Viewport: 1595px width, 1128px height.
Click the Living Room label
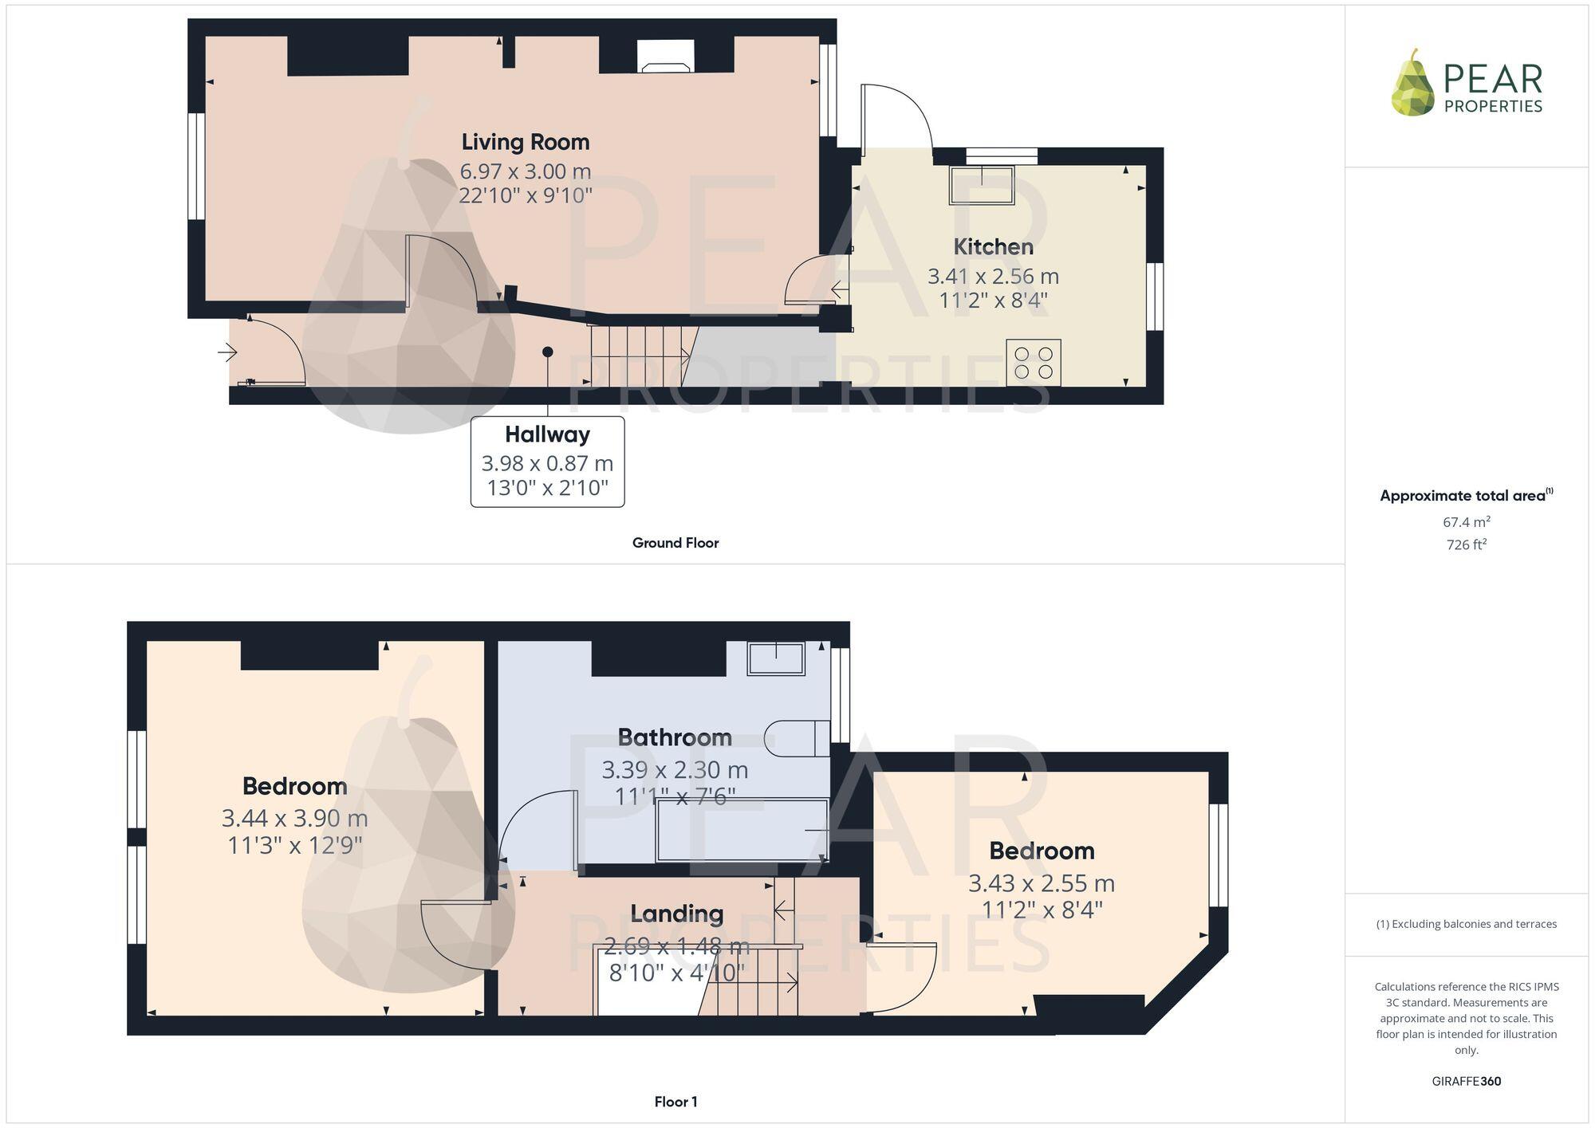(525, 142)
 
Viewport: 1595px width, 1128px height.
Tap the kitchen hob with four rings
(1033, 363)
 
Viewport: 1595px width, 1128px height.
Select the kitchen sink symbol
(981, 185)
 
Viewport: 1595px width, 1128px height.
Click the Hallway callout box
(547, 461)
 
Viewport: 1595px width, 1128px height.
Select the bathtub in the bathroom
(742, 831)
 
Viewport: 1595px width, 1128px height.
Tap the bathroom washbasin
(775, 659)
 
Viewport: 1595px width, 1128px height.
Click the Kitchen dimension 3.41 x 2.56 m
(993, 277)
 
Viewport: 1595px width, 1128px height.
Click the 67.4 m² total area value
(1466, 522)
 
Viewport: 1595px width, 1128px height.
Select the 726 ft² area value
(1466, 544)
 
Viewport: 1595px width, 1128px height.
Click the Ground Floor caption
(675, 543)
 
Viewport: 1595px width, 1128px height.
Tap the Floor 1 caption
(675, 1102)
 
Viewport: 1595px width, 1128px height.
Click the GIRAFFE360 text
(1466, 1081)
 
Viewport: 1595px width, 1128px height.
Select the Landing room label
(676, 914)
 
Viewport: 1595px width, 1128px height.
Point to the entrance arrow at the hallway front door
(227, 352)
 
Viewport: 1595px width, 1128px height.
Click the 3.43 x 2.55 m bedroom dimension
(1041, 883)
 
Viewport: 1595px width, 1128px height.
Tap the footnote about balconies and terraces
(1466, 924)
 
